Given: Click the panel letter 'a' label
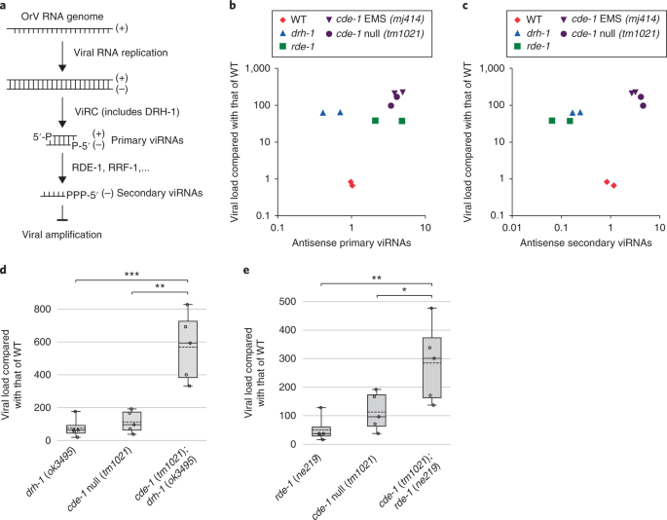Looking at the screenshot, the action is [x=3, y=6].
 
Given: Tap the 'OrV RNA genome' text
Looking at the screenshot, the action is [x=62, y=17].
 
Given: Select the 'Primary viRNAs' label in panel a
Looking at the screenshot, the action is [x=147, y=140].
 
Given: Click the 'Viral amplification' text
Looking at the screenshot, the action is [x=62, y=235].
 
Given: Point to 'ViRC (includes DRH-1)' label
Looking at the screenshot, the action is [x=128, y=112].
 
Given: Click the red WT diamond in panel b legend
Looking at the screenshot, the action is [x=282, y=19].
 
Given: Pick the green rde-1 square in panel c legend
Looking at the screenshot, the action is [x=518, y=46].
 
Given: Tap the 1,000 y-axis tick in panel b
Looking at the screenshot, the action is [x=259, y=69].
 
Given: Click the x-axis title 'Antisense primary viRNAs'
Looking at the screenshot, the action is [x=352, y=243].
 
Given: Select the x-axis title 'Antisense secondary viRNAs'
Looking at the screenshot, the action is [x=586, y=243].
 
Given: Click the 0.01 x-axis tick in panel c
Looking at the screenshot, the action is [x=512, y=228].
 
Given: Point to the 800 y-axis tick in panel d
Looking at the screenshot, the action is [x=43, y=309].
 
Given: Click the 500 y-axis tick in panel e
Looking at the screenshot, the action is [x=287, y=302].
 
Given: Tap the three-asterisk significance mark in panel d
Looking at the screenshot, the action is [x=131, y=275].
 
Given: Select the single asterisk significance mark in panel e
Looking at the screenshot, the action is [x=404, y=290].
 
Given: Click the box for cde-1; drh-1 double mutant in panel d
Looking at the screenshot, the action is [x=188, y=349].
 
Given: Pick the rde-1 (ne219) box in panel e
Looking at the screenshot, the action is [x=321, y=431].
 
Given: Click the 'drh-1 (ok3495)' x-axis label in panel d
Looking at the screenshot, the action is [x=52, y=471].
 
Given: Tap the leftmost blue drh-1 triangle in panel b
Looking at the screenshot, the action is [x=323, y=113].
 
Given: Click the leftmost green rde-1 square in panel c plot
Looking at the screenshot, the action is [x=552, y=121].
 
